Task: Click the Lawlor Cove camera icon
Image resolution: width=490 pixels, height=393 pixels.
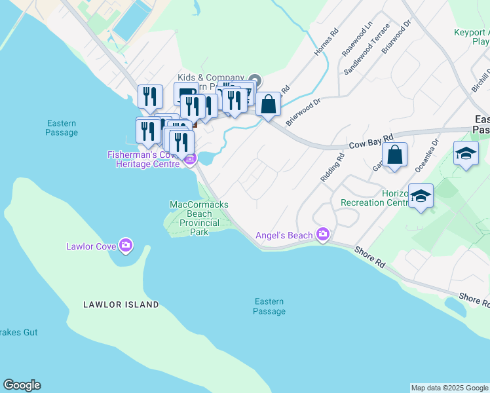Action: (126, 246)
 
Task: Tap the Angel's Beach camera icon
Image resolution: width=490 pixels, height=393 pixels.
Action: (322, 234)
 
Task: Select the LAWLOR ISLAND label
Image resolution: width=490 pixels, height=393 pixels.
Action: (121, 305)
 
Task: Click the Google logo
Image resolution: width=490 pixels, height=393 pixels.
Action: (22, 385)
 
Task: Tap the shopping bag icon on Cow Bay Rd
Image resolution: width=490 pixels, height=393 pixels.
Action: (395, 156)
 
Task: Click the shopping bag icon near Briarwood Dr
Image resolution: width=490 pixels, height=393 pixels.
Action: (268, 103)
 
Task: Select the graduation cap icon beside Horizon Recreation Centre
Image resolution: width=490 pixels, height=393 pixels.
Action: (421, 196)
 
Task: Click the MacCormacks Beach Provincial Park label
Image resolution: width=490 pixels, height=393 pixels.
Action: (199, 218)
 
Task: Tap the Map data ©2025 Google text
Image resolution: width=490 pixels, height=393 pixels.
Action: (449, 388)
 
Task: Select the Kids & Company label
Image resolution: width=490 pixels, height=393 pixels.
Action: (210, 77)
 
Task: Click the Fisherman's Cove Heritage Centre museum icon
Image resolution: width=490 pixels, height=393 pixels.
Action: (190, 159)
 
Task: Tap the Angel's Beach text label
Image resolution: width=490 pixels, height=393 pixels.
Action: (284, 235)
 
